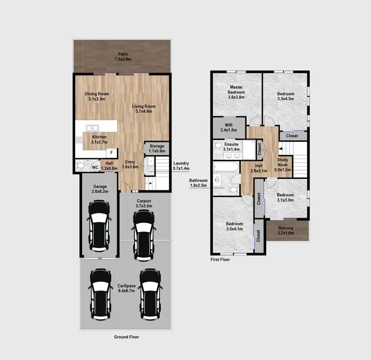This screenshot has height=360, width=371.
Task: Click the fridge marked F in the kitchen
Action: point(112,152)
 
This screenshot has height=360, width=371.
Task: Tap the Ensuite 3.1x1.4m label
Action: point(231,146)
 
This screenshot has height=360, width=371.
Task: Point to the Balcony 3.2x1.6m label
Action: point(285,230)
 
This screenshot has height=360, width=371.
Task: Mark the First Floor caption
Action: point(221,259)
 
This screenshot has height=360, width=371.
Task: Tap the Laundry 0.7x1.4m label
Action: point(181,166)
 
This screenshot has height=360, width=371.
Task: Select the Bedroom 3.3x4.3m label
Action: point(285,96)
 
